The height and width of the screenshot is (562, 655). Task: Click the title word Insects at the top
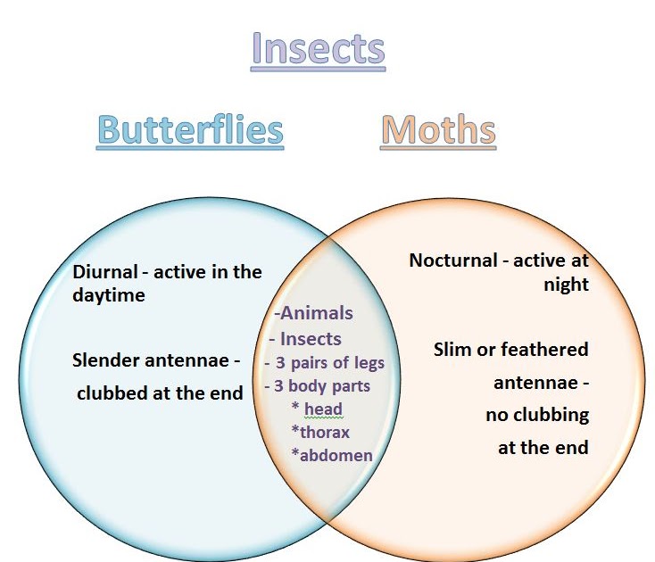(x=319, y=49)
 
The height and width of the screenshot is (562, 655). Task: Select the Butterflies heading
(x=190, y=130)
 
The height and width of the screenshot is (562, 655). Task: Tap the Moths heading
(x=438, y=130)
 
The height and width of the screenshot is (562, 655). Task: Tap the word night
(x=566, y=285)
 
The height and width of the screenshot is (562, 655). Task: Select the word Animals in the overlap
(x=317, y=313)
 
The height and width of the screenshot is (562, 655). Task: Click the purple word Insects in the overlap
(x=311, y=339)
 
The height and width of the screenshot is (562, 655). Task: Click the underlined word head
(x=323, y=409)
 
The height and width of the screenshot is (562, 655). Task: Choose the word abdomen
(x=336, y=455)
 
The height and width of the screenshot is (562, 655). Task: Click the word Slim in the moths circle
(x=453, y=349)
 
